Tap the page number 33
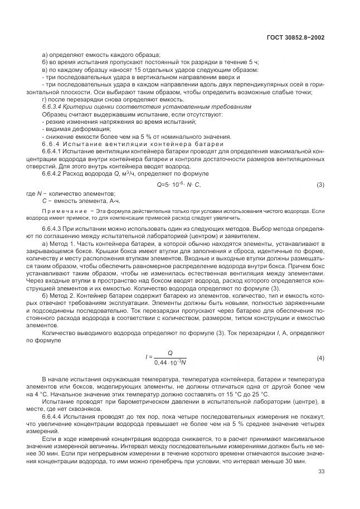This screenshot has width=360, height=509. tap(321, 472)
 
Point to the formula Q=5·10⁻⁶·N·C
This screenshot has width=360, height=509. tap(179, 185)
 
